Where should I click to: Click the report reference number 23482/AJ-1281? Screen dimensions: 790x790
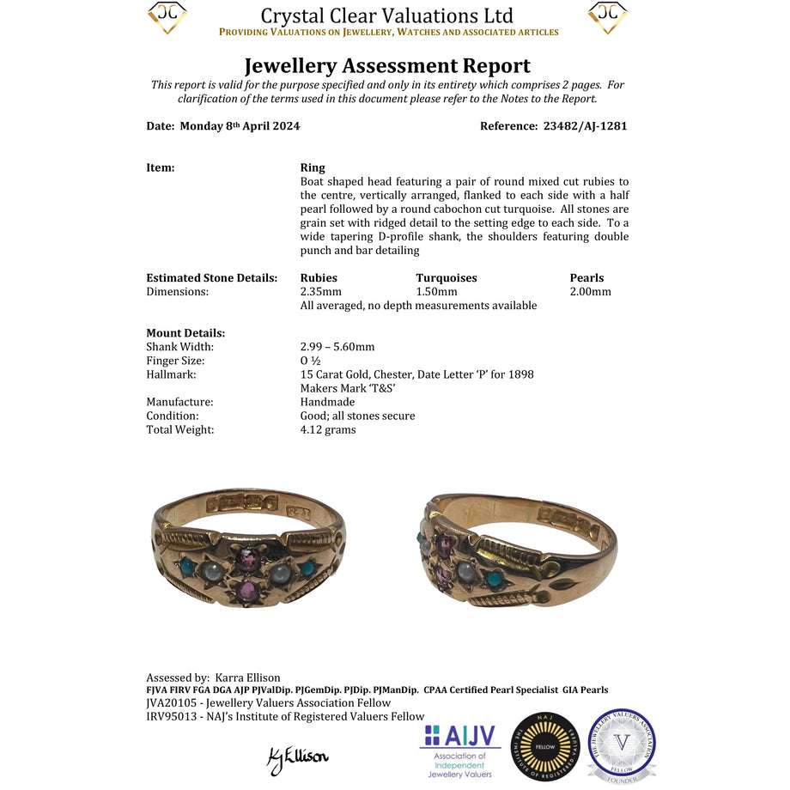tap(586, 126)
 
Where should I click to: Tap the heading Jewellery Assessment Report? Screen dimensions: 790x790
tap(387, 66)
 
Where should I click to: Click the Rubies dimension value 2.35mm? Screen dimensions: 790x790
tap(321, 292)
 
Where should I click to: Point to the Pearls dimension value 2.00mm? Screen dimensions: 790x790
tap(591, 292)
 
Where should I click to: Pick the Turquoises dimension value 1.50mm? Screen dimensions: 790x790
tap(437, 292)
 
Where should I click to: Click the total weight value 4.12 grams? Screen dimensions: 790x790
tap(328, 429)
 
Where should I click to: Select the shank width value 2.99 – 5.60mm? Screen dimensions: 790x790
tap(337, 347)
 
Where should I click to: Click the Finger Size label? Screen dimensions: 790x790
tap(175, 361)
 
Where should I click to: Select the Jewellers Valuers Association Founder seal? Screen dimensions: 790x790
tap(622, 745)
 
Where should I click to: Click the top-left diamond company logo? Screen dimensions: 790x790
tap(167, 17)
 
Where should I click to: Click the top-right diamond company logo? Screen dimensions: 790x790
tap(608, 17)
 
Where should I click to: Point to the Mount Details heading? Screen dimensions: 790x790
tap(185, 333)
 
